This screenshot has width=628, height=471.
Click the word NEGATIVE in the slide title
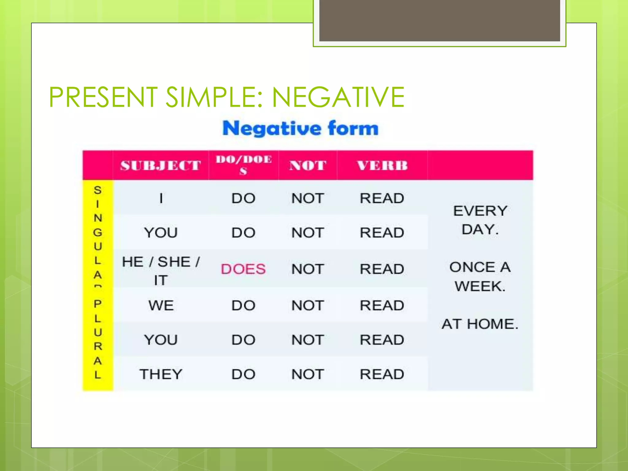pos(338,97)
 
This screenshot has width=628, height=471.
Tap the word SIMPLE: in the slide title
pos(214,97)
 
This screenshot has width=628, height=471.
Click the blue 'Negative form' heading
pos(300,128)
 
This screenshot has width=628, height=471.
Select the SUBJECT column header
pos(160,166)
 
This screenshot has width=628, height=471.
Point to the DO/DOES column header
pos(244,165)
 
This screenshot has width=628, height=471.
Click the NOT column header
pos(308,166)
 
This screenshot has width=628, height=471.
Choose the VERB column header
pos(382,166)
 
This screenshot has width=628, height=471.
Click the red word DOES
pos(243,269)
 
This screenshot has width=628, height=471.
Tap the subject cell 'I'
pos(161,198)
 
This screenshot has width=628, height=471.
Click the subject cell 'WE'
pos(161,306)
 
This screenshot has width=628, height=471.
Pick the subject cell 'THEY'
pos(161,374)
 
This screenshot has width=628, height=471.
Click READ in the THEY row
pos(382,374)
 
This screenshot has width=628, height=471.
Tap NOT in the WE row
pos(308,306)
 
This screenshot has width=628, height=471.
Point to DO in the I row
pos(243,198)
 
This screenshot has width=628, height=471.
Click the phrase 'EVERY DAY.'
pos(480,220)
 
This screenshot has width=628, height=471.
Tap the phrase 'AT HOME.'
pos(480,324)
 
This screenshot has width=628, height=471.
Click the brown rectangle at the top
pos(439,20)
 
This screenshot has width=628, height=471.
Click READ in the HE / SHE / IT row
pos(382,269)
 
